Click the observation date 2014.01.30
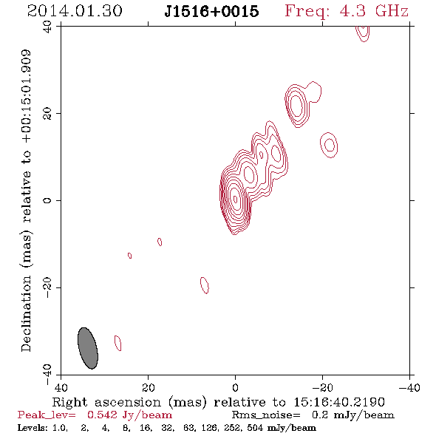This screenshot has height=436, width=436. click(x=75, y=11)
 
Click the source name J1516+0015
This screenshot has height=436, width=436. click(x=211, y=11)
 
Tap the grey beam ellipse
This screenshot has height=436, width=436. click(x=88, y=348)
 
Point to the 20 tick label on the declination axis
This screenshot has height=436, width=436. click(x=47, y=114)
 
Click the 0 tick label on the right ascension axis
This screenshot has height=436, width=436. click(x=235, y=388)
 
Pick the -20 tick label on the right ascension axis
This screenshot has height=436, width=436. click(x=322, y=388)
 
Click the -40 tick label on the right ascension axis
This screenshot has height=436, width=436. click(x=409, y=388)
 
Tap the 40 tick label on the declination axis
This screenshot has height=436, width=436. click(x=47, y=27)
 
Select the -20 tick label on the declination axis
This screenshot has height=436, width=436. click(x=47, y=287)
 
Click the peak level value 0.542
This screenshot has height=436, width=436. click(x=102, y=415)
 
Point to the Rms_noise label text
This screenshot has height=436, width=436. click(x=266, y=415)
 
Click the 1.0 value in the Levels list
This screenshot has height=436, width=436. click(x=60, y=427)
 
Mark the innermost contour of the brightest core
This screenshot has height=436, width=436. click(x=235, y=199)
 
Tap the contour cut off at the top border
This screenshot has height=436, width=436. click(x=363, y=33)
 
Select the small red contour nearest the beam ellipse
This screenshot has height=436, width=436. click(x=118, y=343)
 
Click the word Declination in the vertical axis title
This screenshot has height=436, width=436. click(x=26, y=313)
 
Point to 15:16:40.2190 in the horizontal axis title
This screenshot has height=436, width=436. click(x=339, y=402)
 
